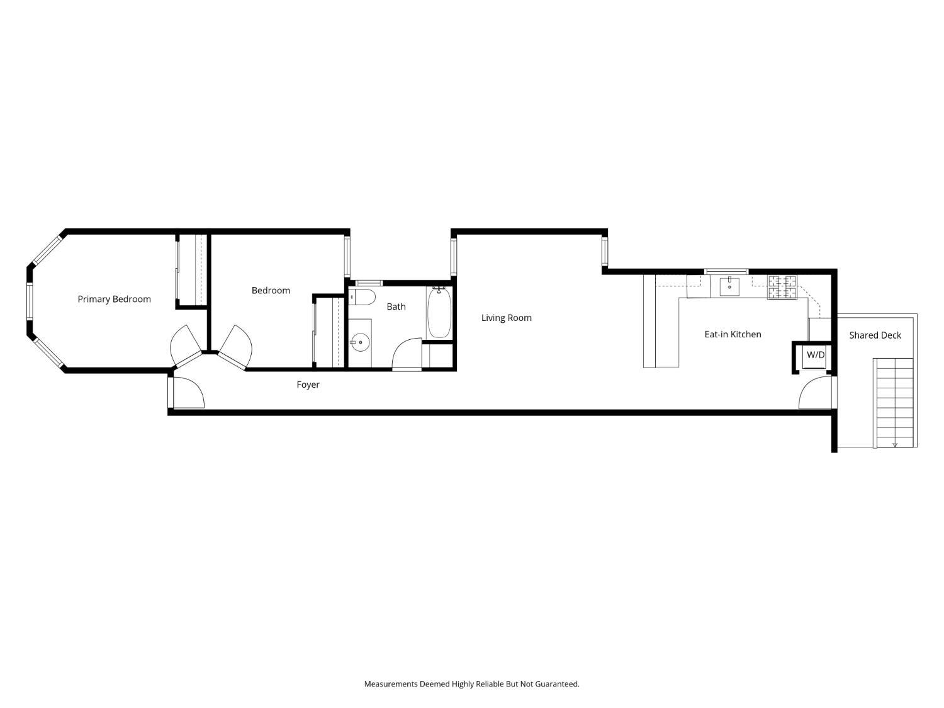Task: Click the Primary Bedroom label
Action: (x=114, y=299)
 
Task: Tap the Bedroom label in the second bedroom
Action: (x=271, y=290)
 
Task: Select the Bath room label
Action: (x=396, y=306)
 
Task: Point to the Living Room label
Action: (x=506, y=318)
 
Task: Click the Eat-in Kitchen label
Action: (x=733, y=334)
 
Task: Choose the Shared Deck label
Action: (x=875, y=335)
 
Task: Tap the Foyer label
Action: (x=308, y=385)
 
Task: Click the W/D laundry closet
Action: (x=815, y=356)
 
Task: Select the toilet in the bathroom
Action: (x=362, y=296)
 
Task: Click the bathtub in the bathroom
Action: (x=439, y=313)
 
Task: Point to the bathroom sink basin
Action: (x=360, y=343)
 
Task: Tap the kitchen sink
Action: (x=729, y=286)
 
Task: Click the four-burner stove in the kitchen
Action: (x=782, y=288)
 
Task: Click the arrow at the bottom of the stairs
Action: (x=895, y=444)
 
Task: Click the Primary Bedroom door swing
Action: (x=186, y=345)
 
